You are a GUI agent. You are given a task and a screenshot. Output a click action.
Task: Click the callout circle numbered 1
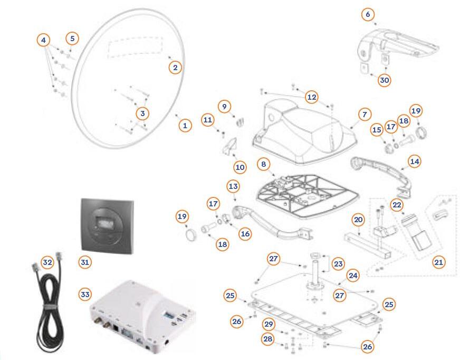[x=185, y=126]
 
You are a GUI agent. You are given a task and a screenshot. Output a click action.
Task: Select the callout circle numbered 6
[x=368, y=14]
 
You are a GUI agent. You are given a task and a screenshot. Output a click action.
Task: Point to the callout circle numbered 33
[x=85, y=294]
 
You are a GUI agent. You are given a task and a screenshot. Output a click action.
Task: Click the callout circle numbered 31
[x=85, y=261]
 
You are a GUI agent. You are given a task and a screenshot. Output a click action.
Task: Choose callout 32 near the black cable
[x=47, y=262]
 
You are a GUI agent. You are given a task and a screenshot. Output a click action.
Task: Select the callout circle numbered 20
[x=358, y=219]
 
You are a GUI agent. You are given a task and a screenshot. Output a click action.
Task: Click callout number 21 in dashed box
[x=438, y=262]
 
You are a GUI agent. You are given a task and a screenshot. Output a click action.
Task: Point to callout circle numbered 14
[x=414, y=162]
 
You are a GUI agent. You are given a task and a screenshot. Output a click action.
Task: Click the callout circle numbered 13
[x=233, y=186]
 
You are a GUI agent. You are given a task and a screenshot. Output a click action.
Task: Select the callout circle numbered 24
[x=352, y=276]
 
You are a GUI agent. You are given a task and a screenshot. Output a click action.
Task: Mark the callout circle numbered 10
[x=240, y=167]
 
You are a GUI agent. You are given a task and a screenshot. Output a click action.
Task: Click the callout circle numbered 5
[x=73, y=38]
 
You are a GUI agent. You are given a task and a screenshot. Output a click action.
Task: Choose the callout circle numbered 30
[x=384, y=80]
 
